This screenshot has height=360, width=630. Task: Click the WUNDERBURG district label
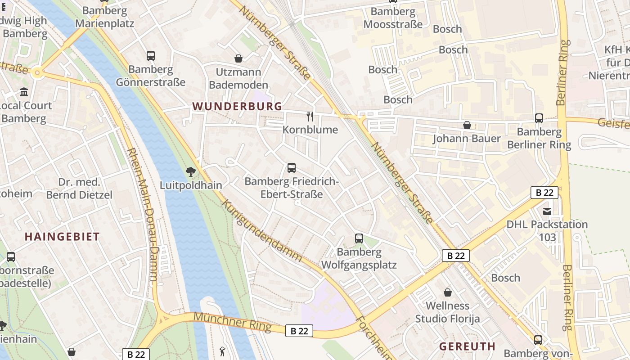237,106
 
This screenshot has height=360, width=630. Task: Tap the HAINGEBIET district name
62,237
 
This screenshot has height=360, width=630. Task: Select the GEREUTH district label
467,346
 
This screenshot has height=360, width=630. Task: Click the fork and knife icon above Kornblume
310,117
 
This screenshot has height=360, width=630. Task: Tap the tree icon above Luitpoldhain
191,171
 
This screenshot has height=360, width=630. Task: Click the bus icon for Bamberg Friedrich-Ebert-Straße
292,168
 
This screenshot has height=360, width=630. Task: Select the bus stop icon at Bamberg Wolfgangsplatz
359,238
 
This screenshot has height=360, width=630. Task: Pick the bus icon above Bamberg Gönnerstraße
151,56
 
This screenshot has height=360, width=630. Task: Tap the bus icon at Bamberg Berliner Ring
539,118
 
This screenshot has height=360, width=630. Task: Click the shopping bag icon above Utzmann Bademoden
238,58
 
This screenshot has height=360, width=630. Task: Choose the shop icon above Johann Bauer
467,125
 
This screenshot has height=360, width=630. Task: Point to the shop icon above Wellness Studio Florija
448,292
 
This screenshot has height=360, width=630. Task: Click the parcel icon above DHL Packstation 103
547,211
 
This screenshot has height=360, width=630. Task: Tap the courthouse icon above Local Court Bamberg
24,92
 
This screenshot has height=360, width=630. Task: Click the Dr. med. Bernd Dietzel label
79,189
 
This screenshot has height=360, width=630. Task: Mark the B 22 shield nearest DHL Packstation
544,193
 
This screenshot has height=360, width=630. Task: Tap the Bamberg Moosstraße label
393,18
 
